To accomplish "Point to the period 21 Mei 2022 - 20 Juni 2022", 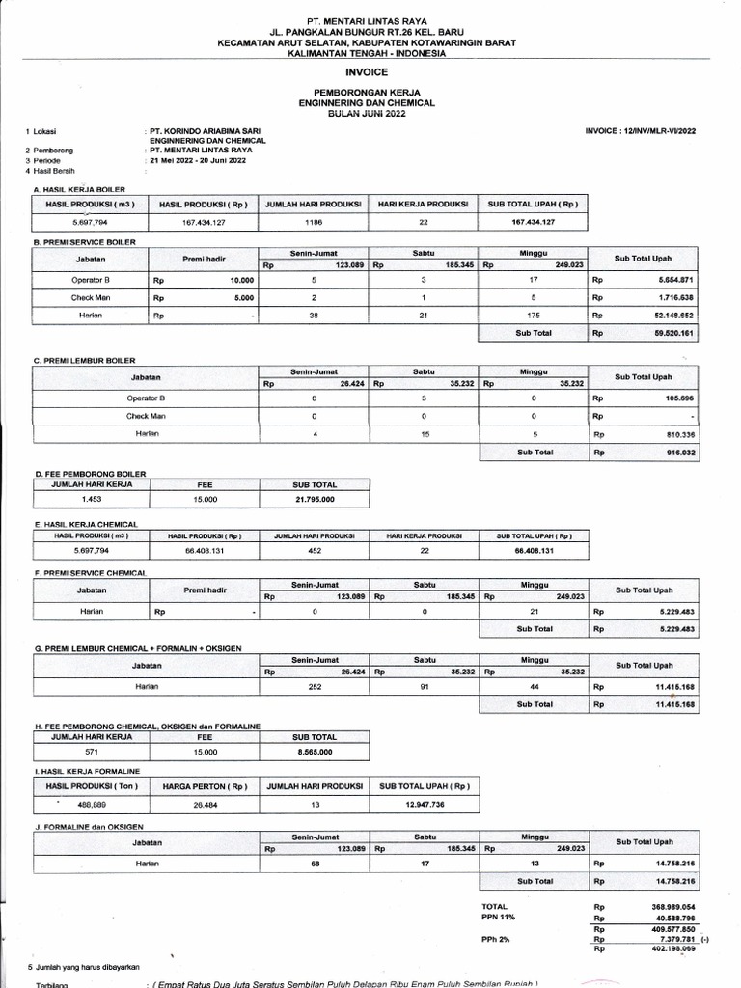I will (x=198, y=160).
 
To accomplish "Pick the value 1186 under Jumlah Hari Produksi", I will (x=313, y=223).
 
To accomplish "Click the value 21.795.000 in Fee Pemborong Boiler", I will (x=315, y=499).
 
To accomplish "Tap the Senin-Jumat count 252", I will (x=315, y=686).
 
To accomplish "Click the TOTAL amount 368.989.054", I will (x=672, y=907).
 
